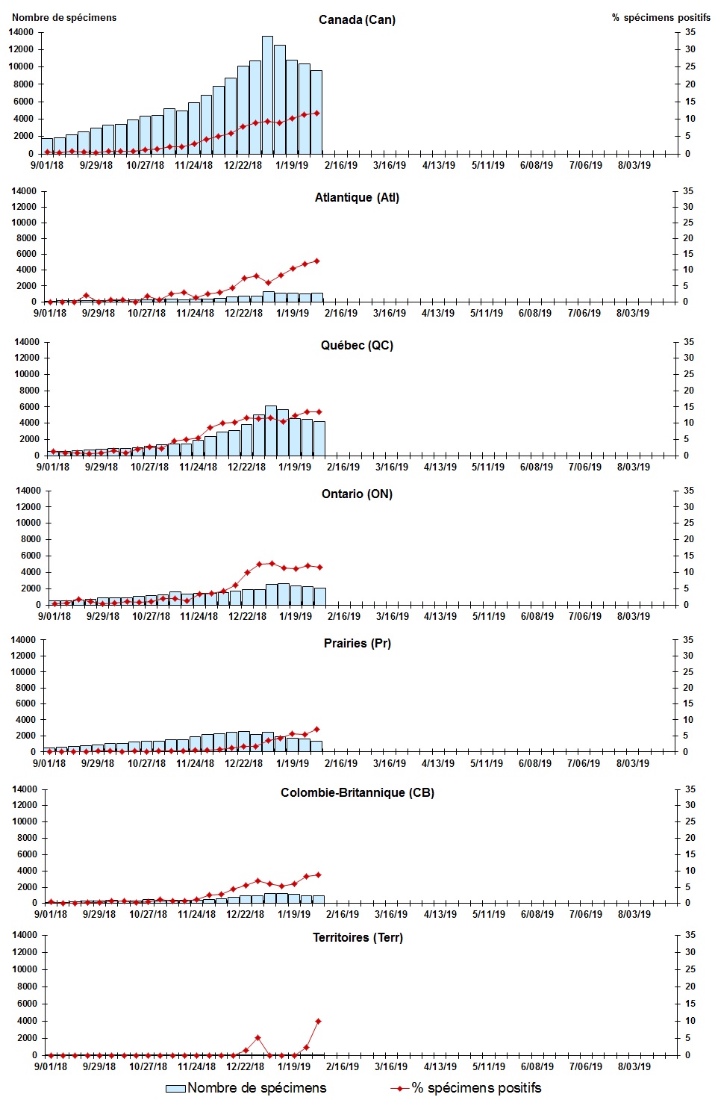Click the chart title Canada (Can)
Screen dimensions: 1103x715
(x=357, y=19)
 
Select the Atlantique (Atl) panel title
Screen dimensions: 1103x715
(x=357, y=197)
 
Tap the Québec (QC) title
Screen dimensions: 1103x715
(x=357, y=345)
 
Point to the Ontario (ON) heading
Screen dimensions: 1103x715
(x=357, y=494)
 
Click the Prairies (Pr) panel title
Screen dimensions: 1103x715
(x=357, y=643)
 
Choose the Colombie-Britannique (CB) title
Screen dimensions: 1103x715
(x=357, y=792)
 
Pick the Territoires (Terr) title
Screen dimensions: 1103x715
(x=357, y=937)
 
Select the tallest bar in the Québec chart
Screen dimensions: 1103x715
(x=270, y=430)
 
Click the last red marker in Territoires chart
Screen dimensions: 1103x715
(x=319, y=1021)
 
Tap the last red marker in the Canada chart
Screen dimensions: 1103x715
(x=317, y=113)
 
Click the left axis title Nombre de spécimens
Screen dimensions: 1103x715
(x=64, y=17)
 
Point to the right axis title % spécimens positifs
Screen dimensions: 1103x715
(x=661, y=17)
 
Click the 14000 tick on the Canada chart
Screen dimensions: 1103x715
(x=21, y=32)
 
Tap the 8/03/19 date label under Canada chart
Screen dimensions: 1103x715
(x=634, y=165)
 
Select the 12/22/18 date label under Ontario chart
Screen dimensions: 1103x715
(x=247, y=616)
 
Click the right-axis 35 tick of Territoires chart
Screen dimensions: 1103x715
(x=690, y=935)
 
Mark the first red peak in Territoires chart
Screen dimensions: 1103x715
(x=257, y=1038)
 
